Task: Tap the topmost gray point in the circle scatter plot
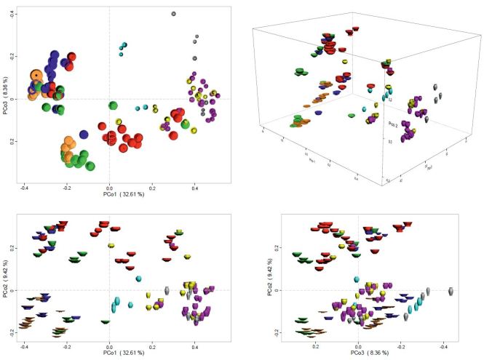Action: (x=173, y=14)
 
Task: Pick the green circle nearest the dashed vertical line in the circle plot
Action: (x=113, y=107)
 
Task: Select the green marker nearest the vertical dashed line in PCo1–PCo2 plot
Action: (x=106, y=321)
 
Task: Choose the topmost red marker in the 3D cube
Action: (x=356, y=30)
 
